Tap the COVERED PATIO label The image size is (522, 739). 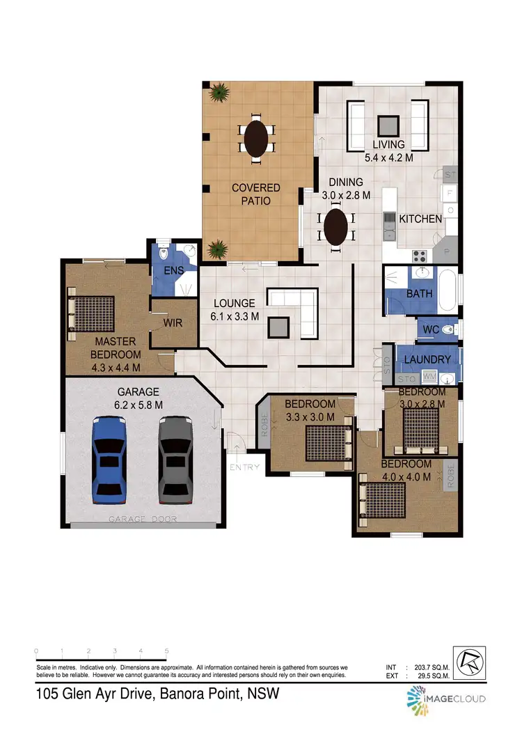coord(256,194)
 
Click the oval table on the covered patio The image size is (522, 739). coord(256,139)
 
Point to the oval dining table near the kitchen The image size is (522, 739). coord(336,227)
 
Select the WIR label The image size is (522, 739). coord(173,323)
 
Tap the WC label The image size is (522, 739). coord(429,327)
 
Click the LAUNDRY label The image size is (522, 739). coord(427,359)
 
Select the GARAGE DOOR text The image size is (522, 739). coord(143,520)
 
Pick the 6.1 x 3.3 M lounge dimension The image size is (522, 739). coord(236,316)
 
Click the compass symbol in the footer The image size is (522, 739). coord(469,658)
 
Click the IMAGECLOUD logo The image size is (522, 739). coord(445,699)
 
